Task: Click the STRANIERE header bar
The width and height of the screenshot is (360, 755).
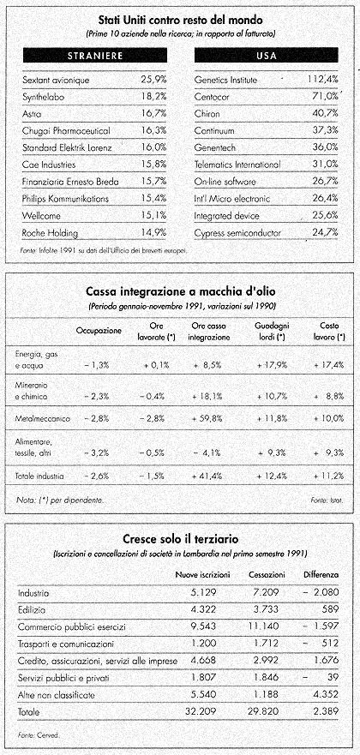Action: (95, 56)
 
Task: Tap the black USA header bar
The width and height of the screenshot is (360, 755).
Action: (267, 56)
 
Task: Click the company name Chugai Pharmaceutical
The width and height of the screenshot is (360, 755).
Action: (66, 131)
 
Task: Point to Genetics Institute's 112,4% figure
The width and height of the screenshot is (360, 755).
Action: (322, 80)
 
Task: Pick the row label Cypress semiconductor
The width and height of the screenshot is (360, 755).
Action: (237, 233)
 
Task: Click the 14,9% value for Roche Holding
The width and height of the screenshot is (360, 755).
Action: (153, 233)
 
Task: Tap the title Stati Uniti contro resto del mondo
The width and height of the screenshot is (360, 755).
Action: (181, 21)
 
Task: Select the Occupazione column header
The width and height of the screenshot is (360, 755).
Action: (99, 332)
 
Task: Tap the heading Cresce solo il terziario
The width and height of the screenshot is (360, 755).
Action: (181, 538)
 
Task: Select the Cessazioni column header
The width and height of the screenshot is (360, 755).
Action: (267, 575)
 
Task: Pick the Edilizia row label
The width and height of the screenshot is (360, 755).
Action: (32, 609)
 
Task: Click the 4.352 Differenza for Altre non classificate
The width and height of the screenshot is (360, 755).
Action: (326, 694)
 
